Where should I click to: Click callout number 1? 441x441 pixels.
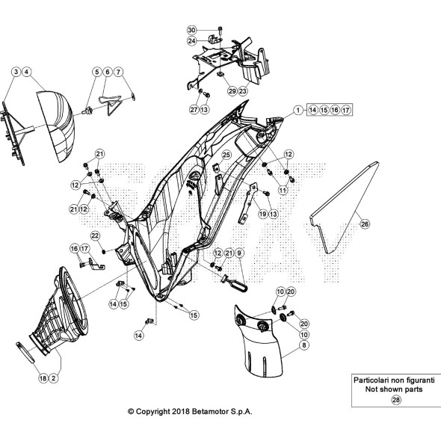[298, 110]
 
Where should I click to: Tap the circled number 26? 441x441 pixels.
[365, 224]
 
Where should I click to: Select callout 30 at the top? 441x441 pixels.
[191, 30]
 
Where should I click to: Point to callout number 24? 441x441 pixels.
[191, 41]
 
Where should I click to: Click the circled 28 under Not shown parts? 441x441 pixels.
[395, 400]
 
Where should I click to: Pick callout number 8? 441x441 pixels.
[304, 345]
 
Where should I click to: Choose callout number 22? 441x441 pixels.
[95, 235]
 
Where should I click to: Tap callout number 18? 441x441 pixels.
[43, 378]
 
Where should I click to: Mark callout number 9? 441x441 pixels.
[239, 253]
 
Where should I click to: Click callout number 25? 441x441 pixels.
[226, 155]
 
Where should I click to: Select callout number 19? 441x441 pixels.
[262, 214]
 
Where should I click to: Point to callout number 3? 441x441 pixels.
[16, 72]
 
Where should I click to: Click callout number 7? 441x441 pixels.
[118, 72]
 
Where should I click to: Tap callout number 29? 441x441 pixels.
[232, 91]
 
